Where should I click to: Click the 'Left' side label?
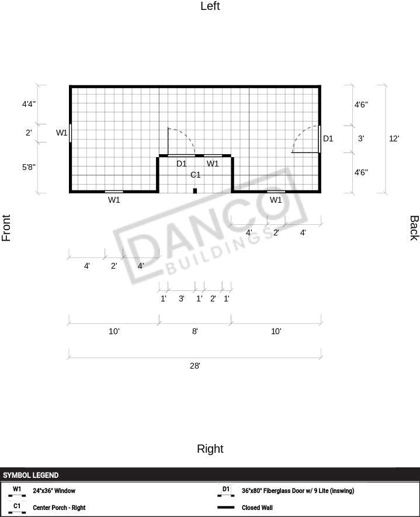tap(210, 6)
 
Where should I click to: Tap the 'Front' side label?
tap(6, 228)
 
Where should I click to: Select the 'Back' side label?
tap(414, 228)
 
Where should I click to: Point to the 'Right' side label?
tap(210, 449)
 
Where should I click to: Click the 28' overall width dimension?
tap(195, 366)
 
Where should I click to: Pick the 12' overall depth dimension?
tap(394, 138)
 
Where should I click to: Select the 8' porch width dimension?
tap(195, 331)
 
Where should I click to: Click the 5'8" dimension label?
tap(29, 167)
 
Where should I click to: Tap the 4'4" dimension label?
tap(29, 104)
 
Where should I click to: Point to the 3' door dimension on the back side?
tap(361, 138)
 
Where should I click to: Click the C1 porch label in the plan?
tap(196, 175)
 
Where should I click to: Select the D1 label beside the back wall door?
tap(328, 138)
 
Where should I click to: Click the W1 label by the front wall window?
tap(62, 133)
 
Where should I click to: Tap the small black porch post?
tap(195, 190)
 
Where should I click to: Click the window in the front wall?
tap(70, 133)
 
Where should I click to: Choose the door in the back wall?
tap(320, 139)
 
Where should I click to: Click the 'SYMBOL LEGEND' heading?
tap(30, 475)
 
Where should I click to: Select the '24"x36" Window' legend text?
tap(54, 491)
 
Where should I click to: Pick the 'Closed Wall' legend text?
tap(257, 508)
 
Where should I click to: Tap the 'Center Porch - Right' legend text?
tap(59, 508)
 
